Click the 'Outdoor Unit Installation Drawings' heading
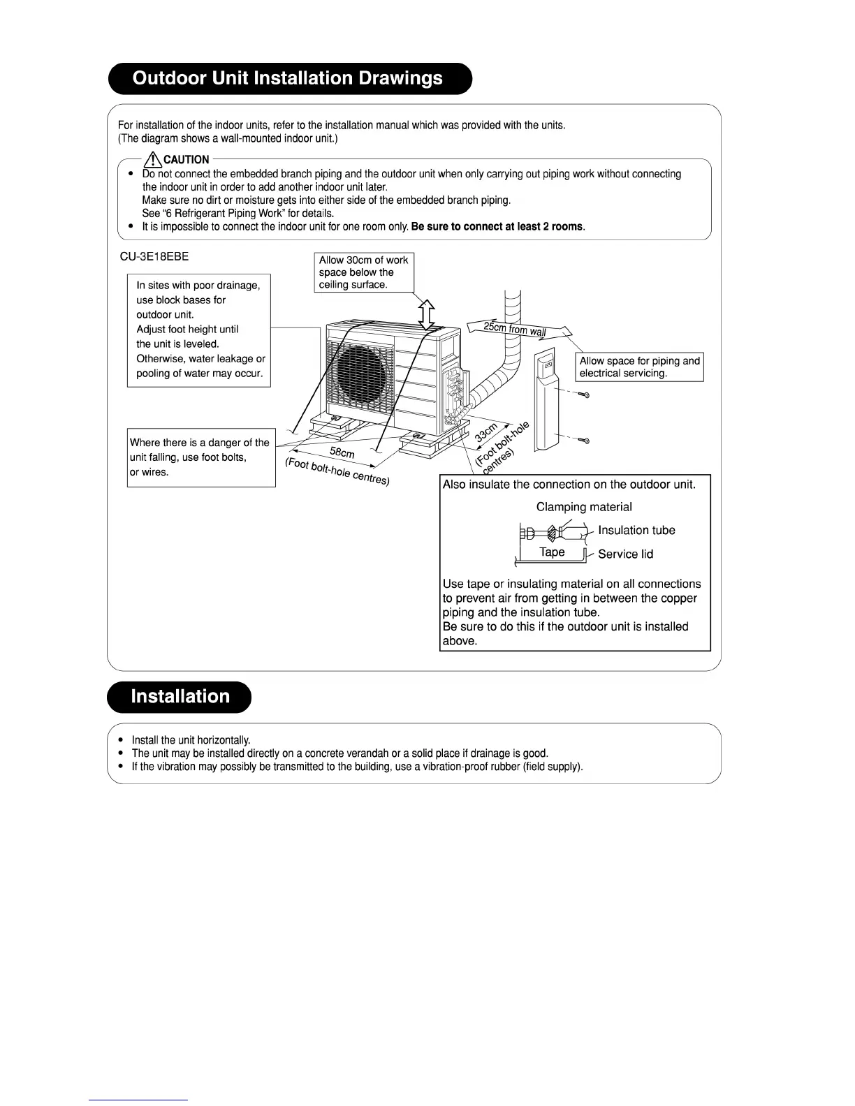[288, 78]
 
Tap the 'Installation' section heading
[180, 697]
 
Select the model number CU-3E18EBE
[154, 256]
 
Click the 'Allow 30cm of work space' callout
[363, 272]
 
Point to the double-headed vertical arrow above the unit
[427, 311]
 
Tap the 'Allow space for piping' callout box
[639, 367]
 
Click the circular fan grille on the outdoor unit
[358, 370]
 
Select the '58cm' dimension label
[342, 453]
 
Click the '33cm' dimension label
[486, 432]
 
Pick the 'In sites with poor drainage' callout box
[199, 330]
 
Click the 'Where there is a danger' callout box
[201, 457]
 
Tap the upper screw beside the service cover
[585, 396]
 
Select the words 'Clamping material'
[584, 507]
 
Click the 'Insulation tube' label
[636, 531]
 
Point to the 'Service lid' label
[625, 554]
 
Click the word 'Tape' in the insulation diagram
[552, 552]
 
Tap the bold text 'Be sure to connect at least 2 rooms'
[498, 227]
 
